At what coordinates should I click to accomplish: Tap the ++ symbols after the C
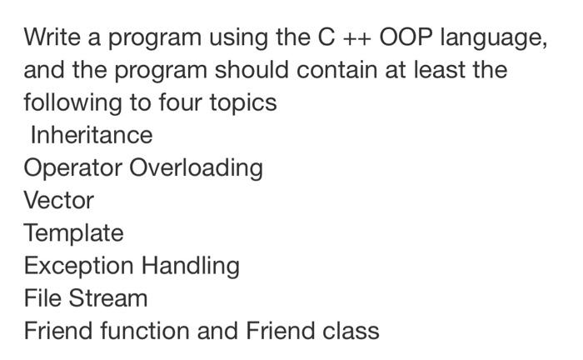point(353,38)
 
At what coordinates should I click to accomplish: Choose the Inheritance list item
point(92,135)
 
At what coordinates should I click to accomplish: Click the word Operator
point(73,168)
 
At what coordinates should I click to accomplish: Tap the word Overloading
point(197,168)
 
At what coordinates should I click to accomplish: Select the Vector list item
point(59,201)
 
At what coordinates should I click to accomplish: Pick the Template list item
point(73,233)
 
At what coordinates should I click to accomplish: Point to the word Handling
point(190,267)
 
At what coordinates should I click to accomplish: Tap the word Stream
point(109,298)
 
